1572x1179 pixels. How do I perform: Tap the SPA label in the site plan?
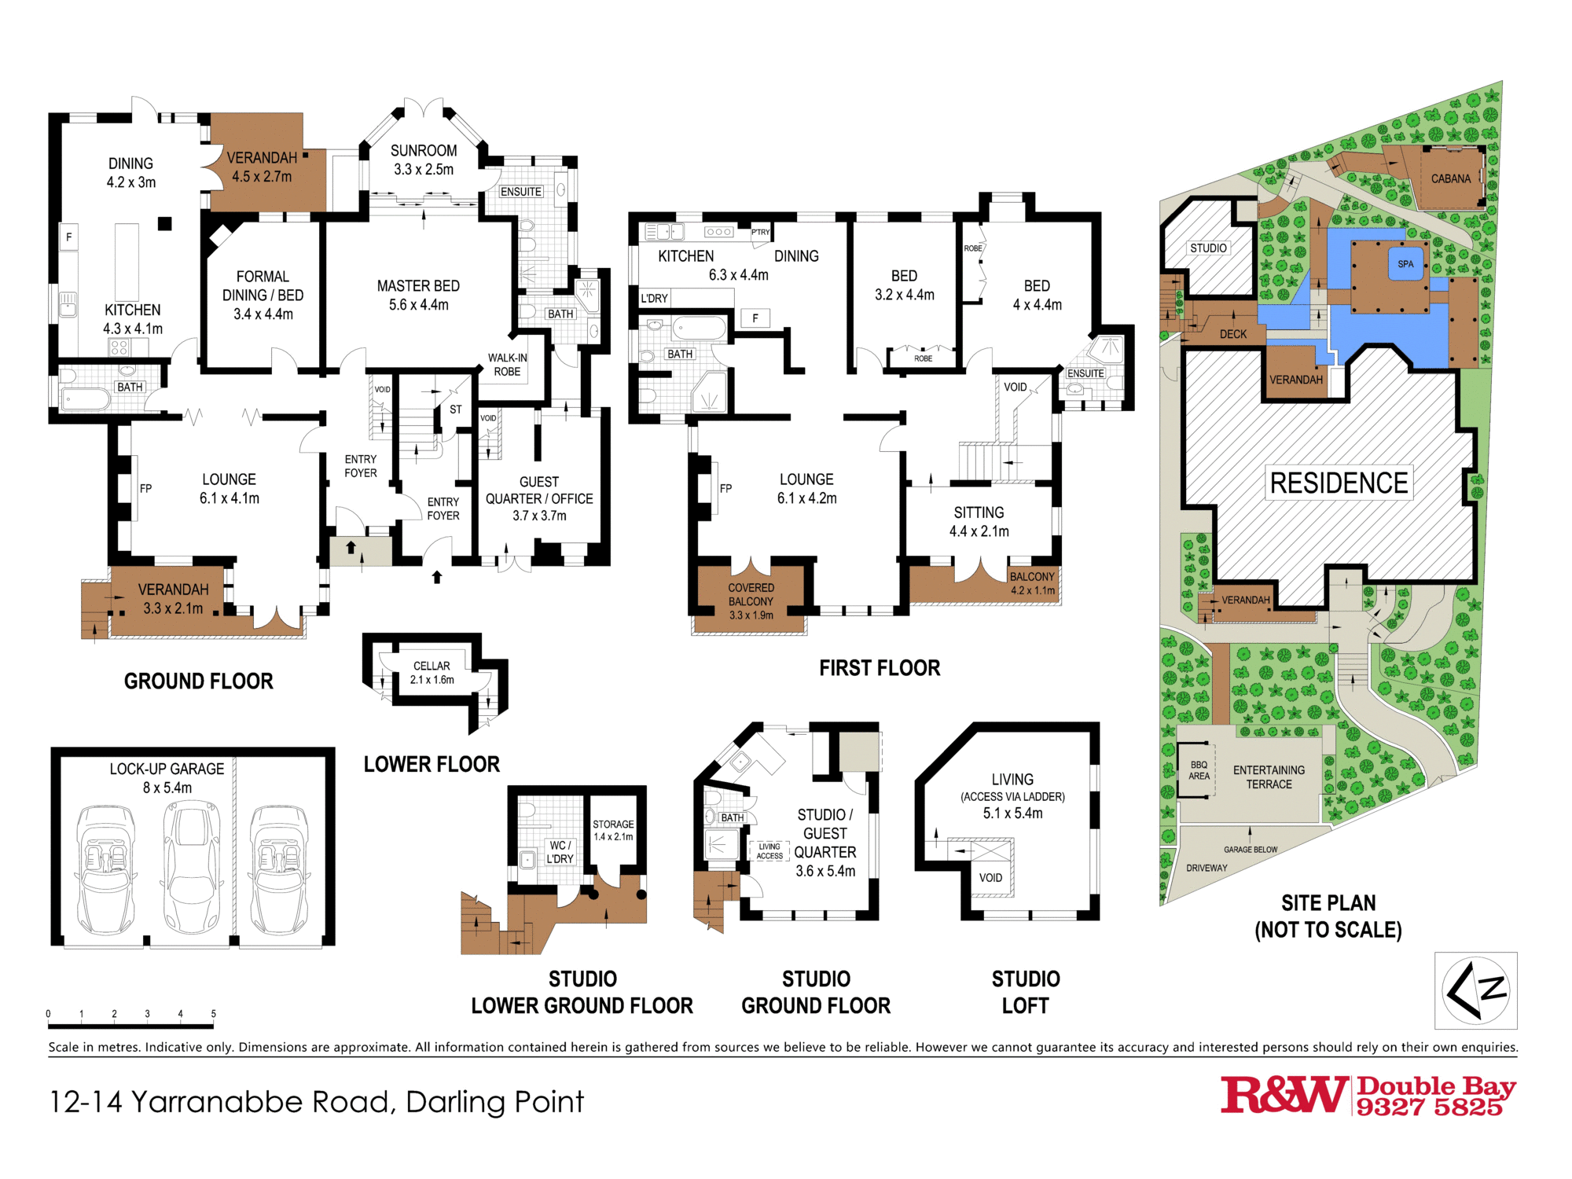tap(1405, 264)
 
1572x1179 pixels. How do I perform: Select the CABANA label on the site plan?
tap(1450, 179)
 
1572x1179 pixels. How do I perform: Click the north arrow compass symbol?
tap(1475, 990)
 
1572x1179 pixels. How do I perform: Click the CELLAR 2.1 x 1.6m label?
tap(432, 673)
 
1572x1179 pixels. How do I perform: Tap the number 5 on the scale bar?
tap(214, 1014)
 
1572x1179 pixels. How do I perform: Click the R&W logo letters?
tap(1283, 1095)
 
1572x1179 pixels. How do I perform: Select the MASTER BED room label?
tap(418, 295)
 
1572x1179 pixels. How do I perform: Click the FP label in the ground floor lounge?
tap(145, 488)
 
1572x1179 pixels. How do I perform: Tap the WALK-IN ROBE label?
tap(507, 365)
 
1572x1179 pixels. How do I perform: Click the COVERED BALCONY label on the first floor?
tap(751, 601)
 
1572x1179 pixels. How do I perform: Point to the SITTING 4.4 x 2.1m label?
tap(979, 521)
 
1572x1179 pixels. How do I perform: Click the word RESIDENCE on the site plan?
tap(1339, 483)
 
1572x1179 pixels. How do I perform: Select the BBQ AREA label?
tap(1199, 770)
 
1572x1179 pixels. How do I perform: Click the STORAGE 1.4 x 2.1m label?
tap(613, 830)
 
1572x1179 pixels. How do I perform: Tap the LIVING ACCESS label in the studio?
tap(769, 851)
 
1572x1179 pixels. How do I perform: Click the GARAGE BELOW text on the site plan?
tap(1250, 850)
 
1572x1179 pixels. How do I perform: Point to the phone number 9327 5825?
tap(1429, 1107)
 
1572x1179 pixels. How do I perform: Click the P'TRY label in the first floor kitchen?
tap(760, 232)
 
